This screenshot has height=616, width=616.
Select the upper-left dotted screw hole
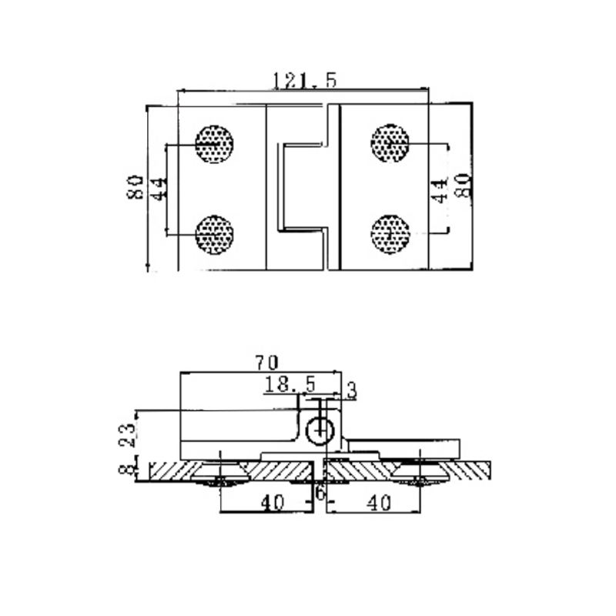[214, 143]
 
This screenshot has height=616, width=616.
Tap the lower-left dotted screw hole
[214, 234]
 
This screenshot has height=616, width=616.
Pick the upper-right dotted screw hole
[390, 143]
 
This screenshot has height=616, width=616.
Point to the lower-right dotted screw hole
[390, 233]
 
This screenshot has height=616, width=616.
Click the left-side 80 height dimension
[136, 187]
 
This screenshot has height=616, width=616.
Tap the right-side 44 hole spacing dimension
[439, 187]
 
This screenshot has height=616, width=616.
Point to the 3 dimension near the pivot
[352, 391]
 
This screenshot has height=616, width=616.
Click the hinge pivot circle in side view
[319, 432]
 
